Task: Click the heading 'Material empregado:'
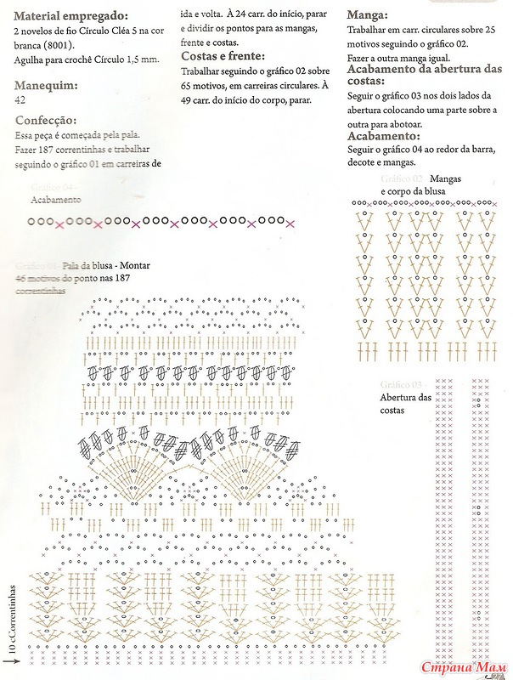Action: tap(72, 16)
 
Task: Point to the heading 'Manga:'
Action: tap(369, 15)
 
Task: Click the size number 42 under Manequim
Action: tap(20, 99)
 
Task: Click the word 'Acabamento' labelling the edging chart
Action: tap(56, 200)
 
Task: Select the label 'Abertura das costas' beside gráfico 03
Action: tap(406, 404)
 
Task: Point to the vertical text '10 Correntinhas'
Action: tap(13, 618)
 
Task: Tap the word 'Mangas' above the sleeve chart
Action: tap(446, 179)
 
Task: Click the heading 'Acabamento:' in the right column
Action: tap(384, 135)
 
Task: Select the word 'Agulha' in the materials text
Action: tap(31, 59)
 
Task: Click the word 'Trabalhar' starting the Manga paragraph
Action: tap(368, 30)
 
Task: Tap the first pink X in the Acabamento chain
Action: tap(59, 224)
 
